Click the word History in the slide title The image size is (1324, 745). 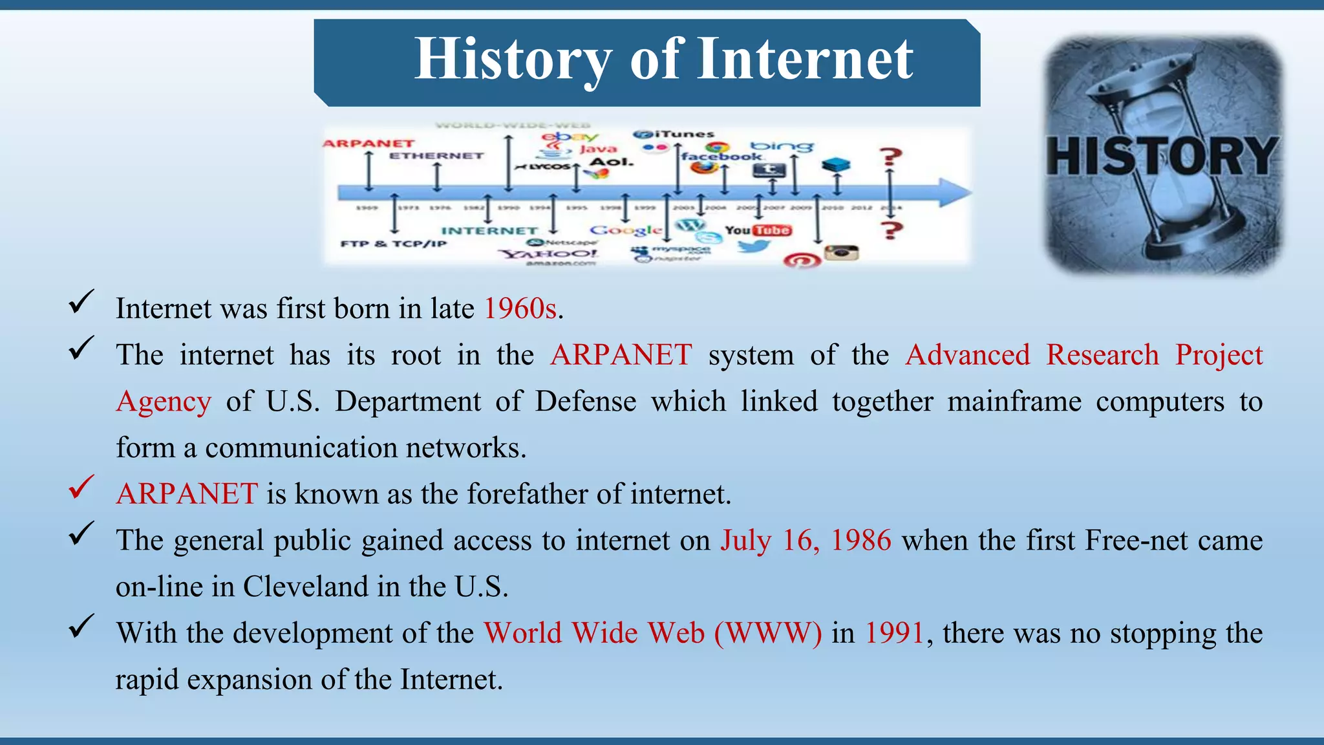[513, 59]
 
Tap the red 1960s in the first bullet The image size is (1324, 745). [520, 308]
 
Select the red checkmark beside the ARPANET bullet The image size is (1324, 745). [81, 488]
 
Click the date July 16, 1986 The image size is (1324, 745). [806, 540]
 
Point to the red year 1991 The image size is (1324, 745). [895, 632]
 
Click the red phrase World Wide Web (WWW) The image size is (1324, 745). [653, 632]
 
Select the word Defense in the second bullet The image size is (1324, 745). [585, 401]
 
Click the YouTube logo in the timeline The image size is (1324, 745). [758, 230]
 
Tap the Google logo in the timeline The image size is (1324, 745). [625, 230]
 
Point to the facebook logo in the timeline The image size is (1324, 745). [721, 157]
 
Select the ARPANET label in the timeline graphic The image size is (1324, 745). [368, 144]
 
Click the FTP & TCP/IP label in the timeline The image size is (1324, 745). [393, 244]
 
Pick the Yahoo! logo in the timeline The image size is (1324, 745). [550, 254]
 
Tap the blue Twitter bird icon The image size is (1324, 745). [754, 246]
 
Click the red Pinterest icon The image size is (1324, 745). [802, 261]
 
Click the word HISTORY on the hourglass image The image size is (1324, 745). [1162, 157]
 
